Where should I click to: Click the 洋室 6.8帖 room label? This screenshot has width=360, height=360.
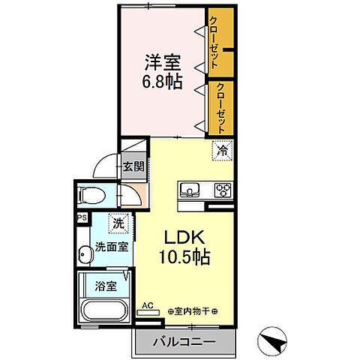[x=163, y=72]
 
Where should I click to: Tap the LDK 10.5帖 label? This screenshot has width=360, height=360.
[x=184, y=247]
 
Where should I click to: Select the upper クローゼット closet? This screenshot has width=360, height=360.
[x=221, y=42]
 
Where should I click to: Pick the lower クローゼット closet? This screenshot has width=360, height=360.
[x=221, y=108]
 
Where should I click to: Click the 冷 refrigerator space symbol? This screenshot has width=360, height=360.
[x=222, y=151]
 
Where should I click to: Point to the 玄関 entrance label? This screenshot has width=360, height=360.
[x=134, y=166]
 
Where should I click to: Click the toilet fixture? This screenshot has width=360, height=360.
[x=91, y=195]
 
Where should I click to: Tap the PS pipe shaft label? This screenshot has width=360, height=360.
[x=82, y=217]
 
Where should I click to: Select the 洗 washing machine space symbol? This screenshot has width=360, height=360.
[x=118, y=223]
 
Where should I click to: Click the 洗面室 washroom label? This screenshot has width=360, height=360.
[x=112, y=247]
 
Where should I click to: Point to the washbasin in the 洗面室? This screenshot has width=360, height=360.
[x=85, y=255]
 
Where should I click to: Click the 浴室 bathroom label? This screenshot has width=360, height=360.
[x=106, y=286]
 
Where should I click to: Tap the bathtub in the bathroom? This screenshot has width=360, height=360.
[x=105, y=310]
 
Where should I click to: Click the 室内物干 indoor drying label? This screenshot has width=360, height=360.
[x=193, y=311]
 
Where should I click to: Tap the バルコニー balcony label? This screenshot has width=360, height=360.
[x=184, y=341]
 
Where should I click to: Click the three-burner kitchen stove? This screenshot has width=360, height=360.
[x=223, y=190]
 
